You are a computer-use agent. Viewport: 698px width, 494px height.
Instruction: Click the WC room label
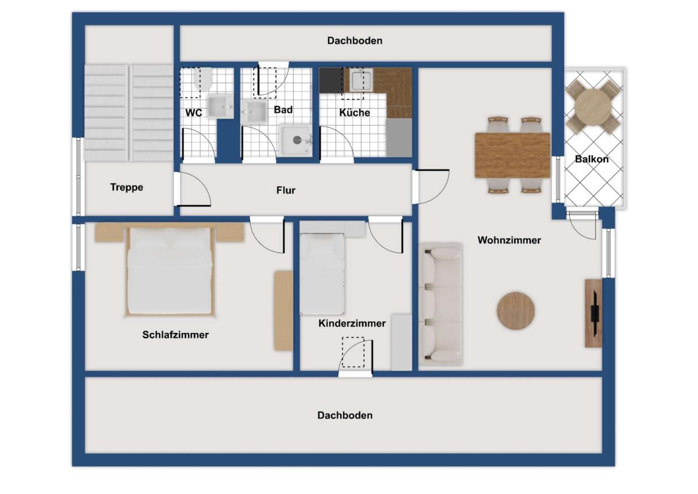pos(194,112)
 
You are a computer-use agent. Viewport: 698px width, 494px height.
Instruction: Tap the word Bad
pos(283,110)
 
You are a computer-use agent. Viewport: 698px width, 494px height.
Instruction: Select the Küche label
pos(355,112)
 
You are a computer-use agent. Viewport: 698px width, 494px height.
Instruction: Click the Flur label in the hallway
pos(286,190)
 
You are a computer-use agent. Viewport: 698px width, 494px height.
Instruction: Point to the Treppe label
pos(127,187)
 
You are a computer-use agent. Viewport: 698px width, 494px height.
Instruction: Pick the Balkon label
pos(592,159)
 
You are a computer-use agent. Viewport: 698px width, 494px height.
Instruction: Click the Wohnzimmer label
pos(509,240)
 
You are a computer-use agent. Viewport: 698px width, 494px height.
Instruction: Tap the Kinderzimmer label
pos(352,323)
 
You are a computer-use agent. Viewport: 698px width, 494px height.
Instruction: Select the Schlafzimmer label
pos(176,335)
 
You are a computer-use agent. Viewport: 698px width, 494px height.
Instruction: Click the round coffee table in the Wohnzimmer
pos(516,311)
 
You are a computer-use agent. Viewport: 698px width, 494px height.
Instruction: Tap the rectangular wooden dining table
pos(512,155)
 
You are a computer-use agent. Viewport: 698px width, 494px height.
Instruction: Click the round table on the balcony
pos(593,107)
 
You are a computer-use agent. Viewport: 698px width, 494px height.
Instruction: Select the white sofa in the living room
pos(441,304)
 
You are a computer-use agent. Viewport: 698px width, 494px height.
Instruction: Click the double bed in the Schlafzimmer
pos(170,271)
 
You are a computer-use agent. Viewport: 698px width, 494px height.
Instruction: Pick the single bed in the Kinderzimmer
pos(322,274)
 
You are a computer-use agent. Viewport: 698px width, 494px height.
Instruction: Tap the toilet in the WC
pos(203,79)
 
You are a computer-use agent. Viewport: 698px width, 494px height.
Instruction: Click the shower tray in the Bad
pos(295,140)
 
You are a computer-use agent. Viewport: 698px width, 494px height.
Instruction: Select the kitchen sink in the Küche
pos(361,80)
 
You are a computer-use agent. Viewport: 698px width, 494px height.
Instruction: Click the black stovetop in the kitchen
pos(331,81)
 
